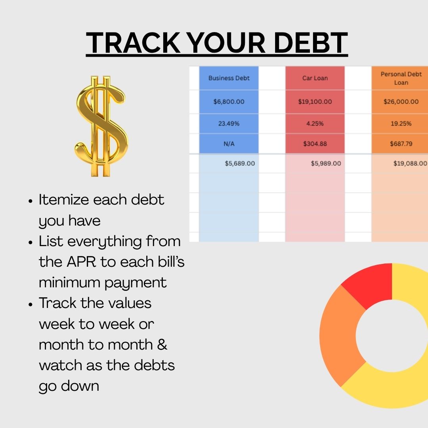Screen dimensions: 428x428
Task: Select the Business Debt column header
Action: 229,78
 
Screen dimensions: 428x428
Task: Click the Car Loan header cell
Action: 315,78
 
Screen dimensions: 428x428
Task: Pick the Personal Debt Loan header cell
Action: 400,78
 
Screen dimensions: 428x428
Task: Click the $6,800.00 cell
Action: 229,101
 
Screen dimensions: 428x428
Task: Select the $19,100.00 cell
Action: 315,101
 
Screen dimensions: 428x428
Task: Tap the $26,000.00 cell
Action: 400,101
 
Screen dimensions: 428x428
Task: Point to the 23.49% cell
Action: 229,124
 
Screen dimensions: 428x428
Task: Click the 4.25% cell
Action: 315,124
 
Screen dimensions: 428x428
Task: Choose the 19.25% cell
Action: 400,124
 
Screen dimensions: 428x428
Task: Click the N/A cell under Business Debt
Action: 229,143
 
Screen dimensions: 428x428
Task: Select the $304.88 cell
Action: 315,143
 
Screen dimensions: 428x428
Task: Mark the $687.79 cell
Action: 400,143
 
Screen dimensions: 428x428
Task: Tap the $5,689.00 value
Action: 239,163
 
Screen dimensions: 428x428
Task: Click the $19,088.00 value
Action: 410,163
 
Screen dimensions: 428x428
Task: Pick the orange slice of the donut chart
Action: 339,337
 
